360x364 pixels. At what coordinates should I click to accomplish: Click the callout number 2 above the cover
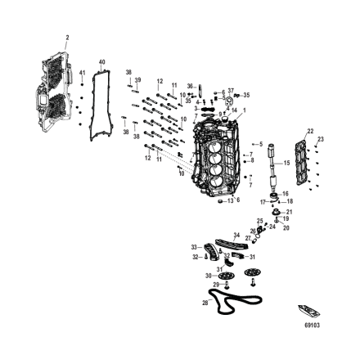point(67,37)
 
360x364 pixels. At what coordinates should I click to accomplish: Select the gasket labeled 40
point(101,106)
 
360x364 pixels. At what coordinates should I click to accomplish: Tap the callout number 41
point(82,73)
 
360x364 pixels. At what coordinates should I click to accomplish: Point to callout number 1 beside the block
point(243,110)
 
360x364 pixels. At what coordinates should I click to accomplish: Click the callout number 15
point(286,163)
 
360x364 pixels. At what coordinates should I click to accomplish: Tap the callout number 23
point(321,139)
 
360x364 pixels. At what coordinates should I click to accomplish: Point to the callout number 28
point(205,302)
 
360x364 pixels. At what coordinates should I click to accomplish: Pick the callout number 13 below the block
point(231,200)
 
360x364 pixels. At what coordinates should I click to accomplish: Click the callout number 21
point(289,212)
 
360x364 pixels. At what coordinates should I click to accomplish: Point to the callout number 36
point(190,85)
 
